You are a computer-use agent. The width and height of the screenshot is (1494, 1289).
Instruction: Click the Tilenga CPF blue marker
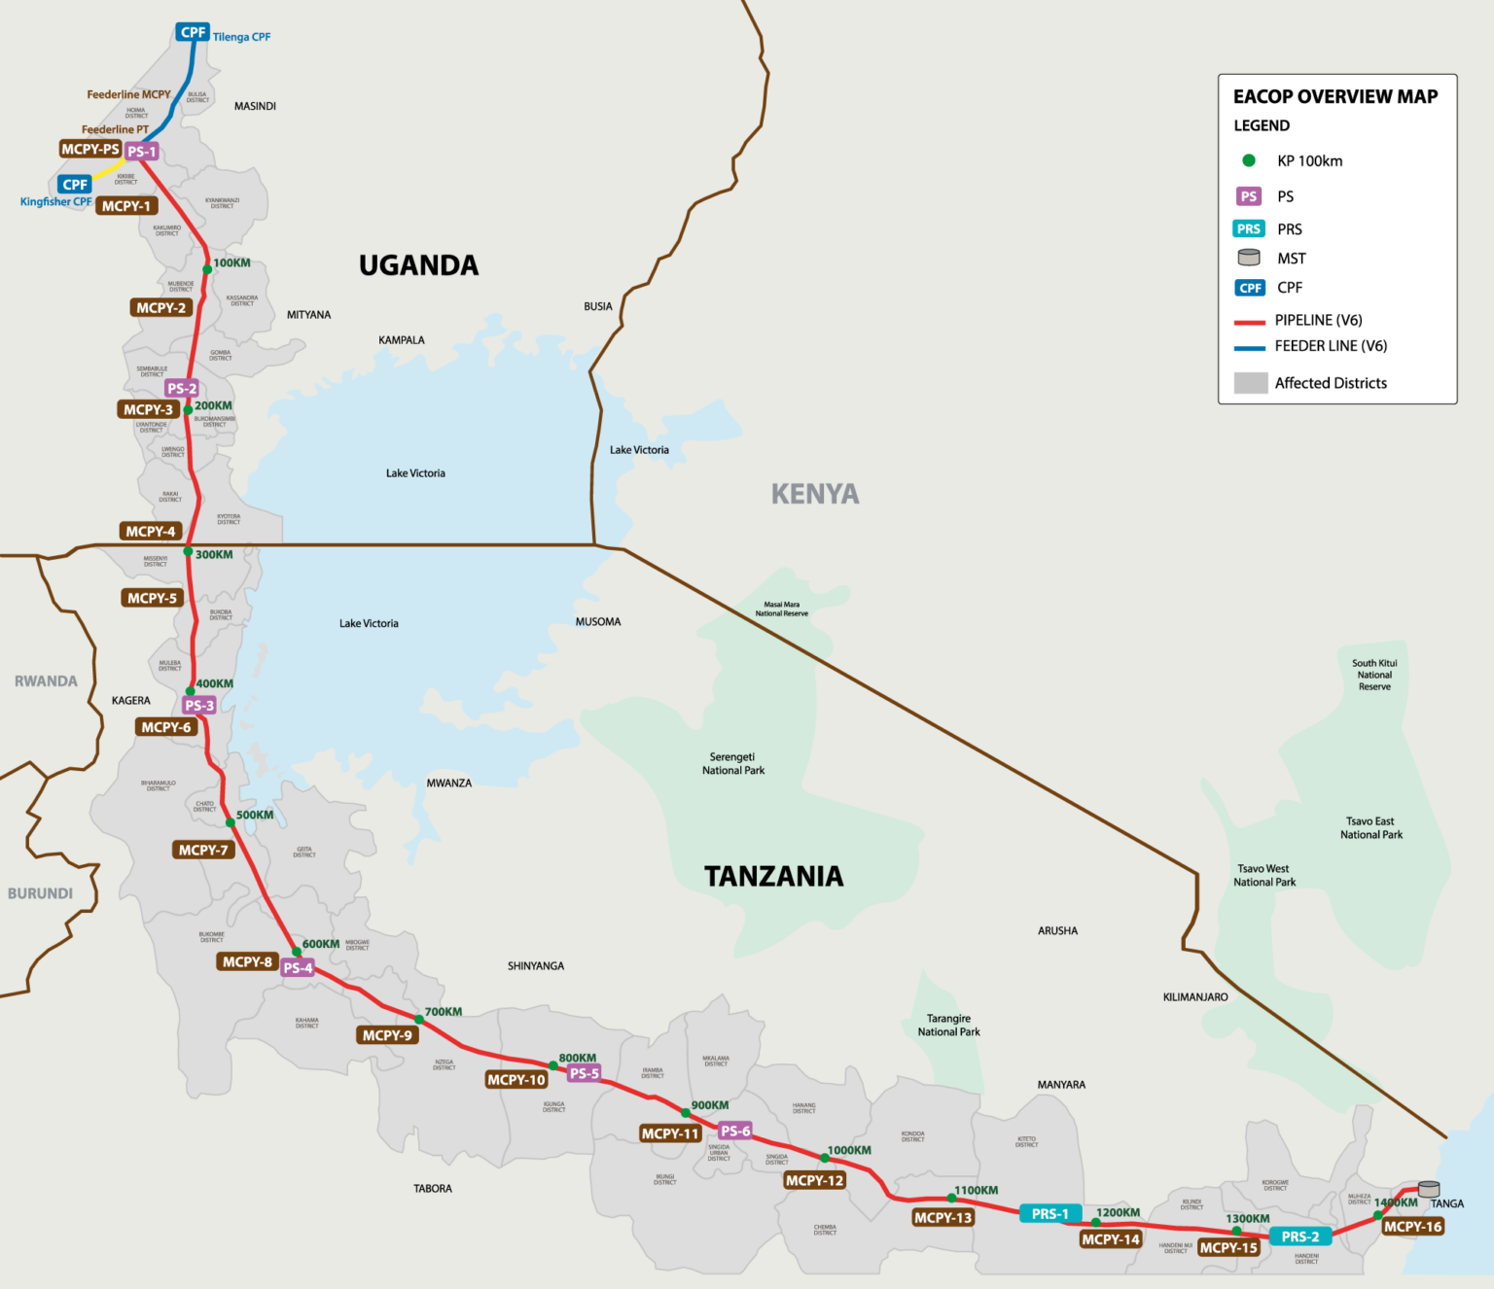193,32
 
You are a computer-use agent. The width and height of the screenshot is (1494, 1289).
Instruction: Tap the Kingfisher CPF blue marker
75,185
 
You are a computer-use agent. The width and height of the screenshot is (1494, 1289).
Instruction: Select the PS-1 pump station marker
141,152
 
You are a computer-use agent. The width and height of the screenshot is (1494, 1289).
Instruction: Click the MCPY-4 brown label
151,532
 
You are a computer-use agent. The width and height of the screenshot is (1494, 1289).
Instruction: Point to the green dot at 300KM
188,551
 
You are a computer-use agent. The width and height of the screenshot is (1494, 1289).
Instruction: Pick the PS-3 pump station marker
198,706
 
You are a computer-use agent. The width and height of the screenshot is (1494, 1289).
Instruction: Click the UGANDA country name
418,265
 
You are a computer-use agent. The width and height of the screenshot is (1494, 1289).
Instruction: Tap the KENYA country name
815,495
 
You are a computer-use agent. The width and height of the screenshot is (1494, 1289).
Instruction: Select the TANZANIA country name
773,877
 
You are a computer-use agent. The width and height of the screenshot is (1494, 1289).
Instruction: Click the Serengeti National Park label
733,764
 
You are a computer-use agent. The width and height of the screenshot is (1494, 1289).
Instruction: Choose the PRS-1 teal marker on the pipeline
1049,1214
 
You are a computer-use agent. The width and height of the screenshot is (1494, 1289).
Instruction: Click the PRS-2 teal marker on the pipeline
1299,1237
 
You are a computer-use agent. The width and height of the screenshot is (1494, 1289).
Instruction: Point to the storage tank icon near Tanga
1429,1189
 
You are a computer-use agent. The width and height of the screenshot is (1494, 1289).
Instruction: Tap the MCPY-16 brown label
1412,1227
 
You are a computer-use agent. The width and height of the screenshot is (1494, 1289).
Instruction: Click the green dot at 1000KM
825,1158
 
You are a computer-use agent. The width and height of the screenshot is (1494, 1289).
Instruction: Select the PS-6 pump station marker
735,1131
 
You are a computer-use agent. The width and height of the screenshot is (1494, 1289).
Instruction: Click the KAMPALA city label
402,340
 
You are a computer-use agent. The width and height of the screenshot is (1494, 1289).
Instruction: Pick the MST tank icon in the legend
1249,258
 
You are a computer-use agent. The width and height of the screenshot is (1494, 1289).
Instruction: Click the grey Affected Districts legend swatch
1250,383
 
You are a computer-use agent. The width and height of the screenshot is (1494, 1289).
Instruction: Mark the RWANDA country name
46,681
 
